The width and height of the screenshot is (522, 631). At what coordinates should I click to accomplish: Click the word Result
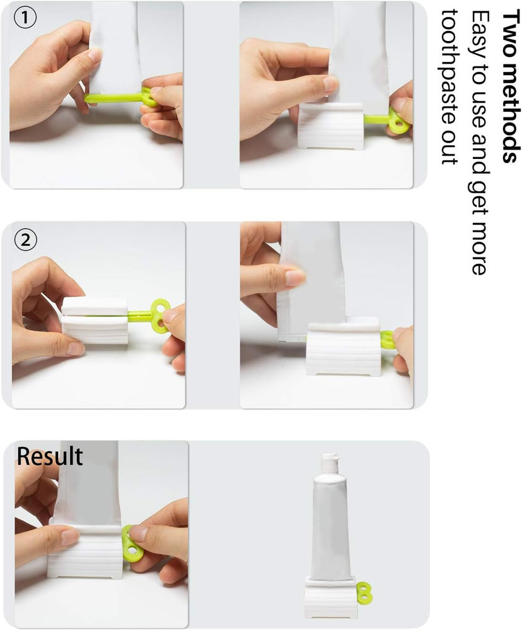coord(50,456)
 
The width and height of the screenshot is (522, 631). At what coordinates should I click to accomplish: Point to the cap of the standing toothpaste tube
coord(330,464)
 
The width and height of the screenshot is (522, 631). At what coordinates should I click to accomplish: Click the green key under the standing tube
coord(364,593)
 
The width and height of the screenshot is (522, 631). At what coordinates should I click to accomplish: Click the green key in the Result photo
coord(132,543)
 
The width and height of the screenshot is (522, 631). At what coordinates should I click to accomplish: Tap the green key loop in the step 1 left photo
coord(149,97)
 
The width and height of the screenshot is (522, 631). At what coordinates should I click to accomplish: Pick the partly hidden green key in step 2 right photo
coord(386,339)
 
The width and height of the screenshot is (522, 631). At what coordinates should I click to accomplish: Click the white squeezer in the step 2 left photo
coord(95,322)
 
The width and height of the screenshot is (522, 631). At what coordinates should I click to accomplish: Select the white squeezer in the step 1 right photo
coord(331,126)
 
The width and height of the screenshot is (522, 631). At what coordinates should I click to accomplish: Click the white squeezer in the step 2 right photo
coord(344,350)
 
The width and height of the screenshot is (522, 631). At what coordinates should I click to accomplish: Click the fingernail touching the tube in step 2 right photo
coord(295,278)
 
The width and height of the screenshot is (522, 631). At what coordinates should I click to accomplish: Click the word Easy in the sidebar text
coord(480,31)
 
